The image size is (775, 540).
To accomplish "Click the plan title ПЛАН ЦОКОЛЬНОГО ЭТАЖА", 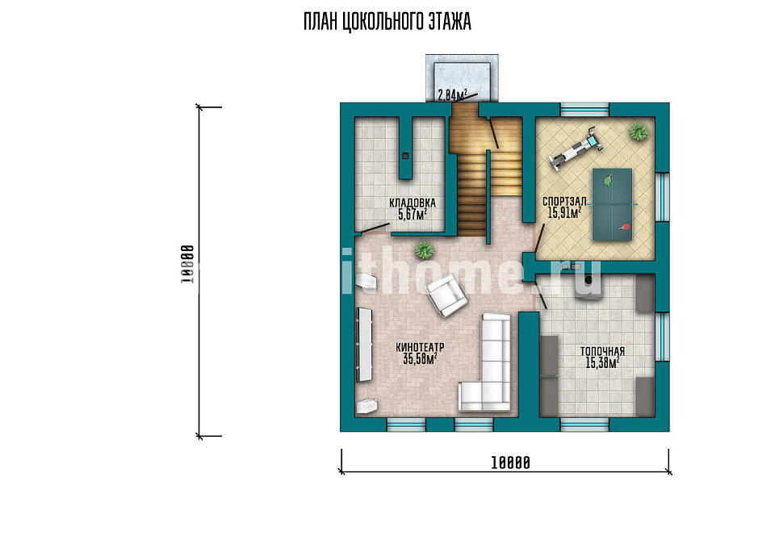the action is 387,23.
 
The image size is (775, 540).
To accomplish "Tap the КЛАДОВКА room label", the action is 413,203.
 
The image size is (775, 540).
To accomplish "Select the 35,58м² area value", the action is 420,359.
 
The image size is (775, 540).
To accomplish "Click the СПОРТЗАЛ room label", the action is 564,202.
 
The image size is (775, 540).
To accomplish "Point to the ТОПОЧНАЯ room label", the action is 602,352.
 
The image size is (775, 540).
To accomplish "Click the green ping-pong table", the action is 612,204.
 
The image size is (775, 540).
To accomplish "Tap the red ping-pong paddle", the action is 625,228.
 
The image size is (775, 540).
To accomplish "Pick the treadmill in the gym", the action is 576,149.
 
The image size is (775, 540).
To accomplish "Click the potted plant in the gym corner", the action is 639,132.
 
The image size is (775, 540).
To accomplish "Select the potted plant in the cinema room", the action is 424,250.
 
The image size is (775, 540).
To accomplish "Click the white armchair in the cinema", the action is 447,295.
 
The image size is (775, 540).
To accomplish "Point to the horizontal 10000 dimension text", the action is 510,463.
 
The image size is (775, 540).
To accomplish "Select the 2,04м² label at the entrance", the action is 453,94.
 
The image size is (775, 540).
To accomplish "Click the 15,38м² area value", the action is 602,363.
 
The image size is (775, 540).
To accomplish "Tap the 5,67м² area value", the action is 413,214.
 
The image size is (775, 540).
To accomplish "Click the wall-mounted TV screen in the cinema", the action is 364,345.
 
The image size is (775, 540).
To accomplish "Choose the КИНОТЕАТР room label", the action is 420,348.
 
